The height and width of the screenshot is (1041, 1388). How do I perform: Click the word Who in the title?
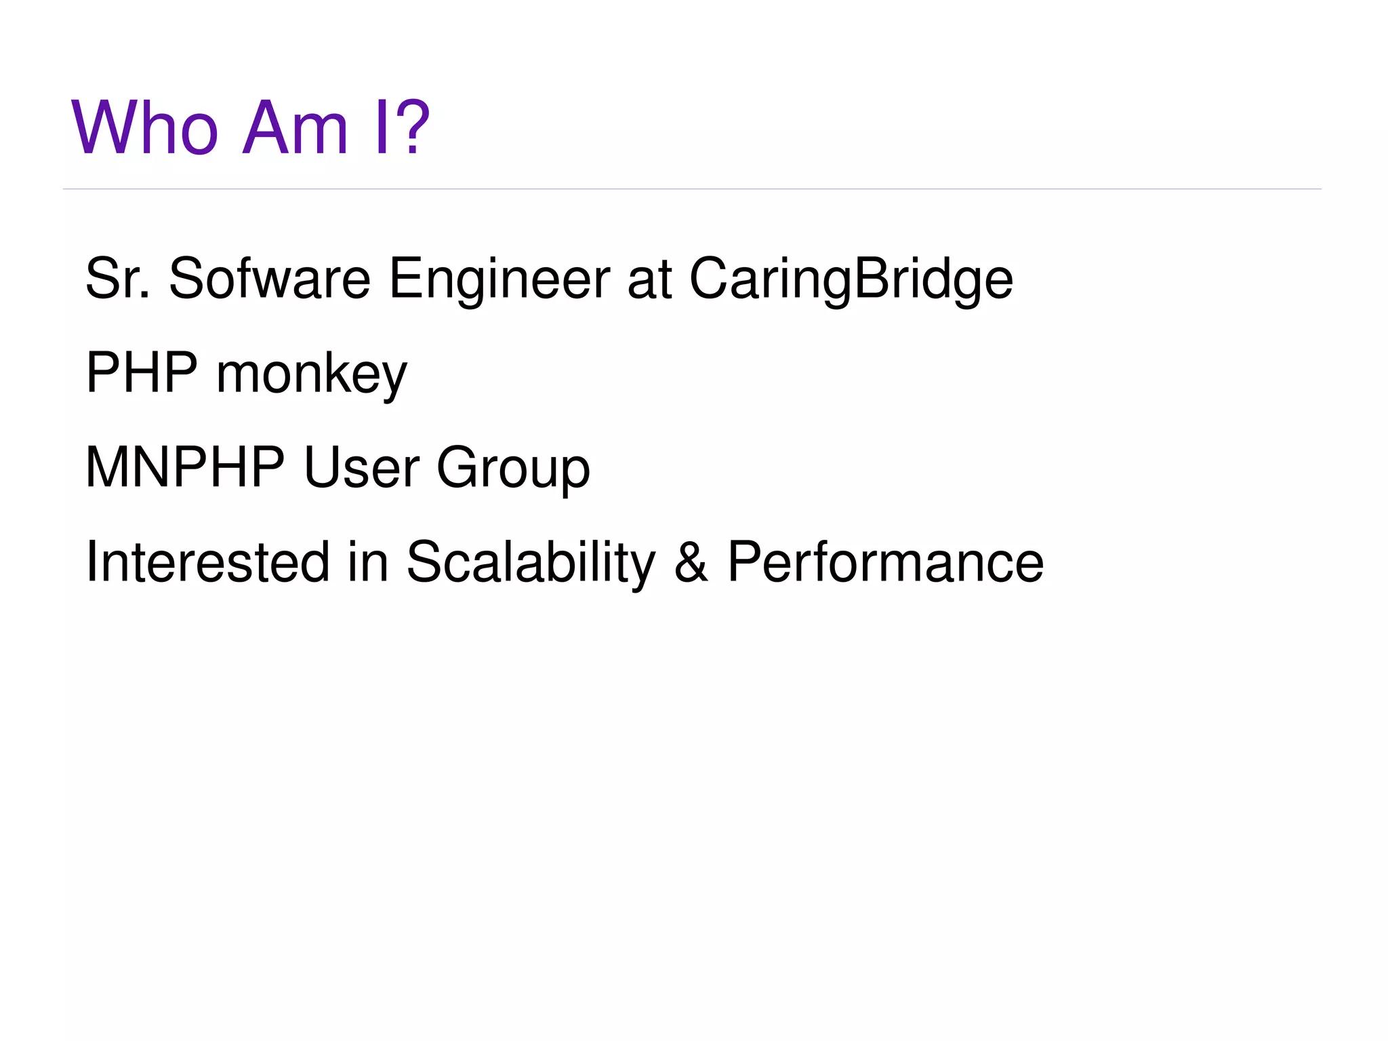point(145,127)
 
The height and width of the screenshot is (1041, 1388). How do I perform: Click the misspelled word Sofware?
point(269,278)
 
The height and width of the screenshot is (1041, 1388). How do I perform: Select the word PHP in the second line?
point(142,372)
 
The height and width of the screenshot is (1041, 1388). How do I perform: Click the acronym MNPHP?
point(185,467)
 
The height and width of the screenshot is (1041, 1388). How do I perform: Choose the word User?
point(361,467)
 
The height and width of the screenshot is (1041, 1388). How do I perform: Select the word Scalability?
point(531,563)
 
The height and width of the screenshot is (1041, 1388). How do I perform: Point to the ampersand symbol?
point(691,563)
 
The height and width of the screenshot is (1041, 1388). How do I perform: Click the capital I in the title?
point(381,127)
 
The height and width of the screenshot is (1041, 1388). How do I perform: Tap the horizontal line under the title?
point(691,189)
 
